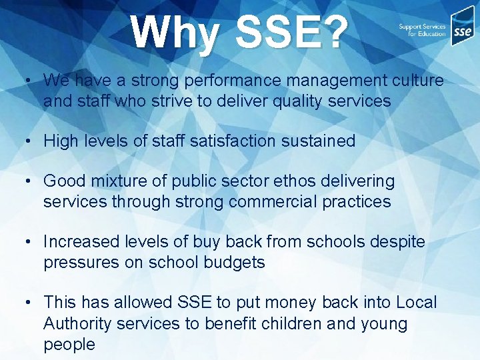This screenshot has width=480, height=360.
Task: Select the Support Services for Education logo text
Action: [421, 30]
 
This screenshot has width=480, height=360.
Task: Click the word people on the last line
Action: [69, 345]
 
